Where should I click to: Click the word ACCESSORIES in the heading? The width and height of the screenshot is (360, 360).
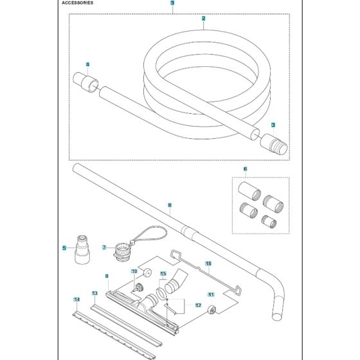point(78,3)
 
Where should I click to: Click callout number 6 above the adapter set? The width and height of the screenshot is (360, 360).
point(245,169)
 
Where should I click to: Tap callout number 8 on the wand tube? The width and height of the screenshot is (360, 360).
point(169,206)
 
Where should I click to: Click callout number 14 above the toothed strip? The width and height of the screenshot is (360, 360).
point(77,300)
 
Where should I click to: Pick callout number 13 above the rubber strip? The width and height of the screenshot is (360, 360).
point(94,293)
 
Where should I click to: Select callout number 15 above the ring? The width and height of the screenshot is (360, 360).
point(163,273)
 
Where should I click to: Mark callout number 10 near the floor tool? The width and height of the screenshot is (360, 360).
point(134,272)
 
